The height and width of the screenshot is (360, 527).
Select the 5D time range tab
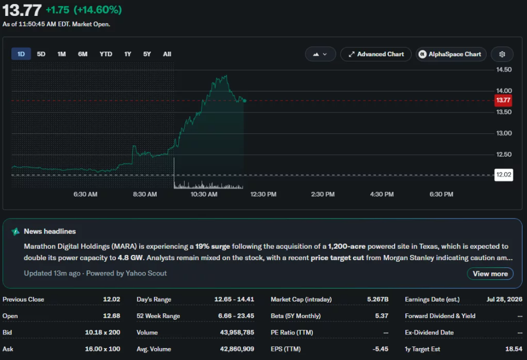[41, 54]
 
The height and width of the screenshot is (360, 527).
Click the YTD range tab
[106, 54]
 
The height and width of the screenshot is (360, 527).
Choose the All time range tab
[167, 54]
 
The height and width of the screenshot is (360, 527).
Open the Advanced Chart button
[376, 54]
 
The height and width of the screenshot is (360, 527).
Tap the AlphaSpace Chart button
[451, 54]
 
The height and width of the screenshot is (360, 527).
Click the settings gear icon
[502, 54]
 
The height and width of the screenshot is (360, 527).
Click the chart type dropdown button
[320, 54]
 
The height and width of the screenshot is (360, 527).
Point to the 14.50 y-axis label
[504, 70]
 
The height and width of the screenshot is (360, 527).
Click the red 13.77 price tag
[503, 100]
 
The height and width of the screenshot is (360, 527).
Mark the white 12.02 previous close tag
[504, 175]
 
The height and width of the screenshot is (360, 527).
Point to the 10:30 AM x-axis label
[204, 194]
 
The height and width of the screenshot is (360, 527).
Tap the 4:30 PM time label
[382, 194]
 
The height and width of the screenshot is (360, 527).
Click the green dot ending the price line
[245, 101]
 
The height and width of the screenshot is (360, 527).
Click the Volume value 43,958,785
[237, 332]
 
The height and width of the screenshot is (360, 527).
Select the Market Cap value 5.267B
[378, 299]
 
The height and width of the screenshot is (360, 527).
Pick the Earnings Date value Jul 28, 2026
[504, 299]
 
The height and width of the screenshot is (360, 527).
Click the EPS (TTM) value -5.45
[380, 349]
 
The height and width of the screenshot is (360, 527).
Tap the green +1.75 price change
[57, 10]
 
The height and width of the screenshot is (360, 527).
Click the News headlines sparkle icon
[15, 232]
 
